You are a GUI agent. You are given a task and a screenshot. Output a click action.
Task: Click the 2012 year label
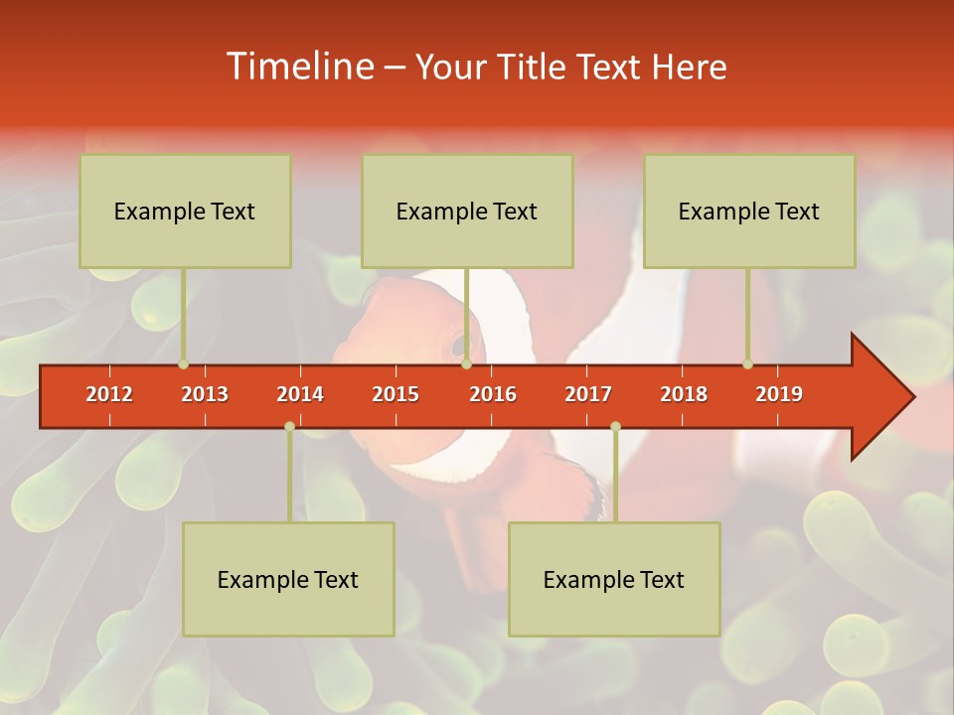pyautogui.click(x=109, y=394)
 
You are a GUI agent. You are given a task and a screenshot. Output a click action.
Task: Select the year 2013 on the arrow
pyautogui.click(x=205, y=394)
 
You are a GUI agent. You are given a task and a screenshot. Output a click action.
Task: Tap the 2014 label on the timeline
pyautogui.click(x=300, y=394)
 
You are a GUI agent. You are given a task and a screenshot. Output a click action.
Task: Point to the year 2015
pyautogui.click(x=396, y=394)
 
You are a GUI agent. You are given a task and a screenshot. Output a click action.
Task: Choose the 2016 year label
pyautogui.click(x=493, y=394)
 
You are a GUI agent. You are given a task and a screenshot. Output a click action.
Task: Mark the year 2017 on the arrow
pyautogui.click(x=588, y=394)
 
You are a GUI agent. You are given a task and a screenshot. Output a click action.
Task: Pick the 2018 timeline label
pyautogui.click(x=684, y=394)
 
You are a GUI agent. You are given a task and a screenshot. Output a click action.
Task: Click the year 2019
pyautogui.click(x=779, y=394)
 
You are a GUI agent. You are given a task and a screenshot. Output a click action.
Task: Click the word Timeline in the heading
pyautogui.click(x=298, y=67)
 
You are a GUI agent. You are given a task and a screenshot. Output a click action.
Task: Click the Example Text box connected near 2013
pyautogui.click(x=185, y=211)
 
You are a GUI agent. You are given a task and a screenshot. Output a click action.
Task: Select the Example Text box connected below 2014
pyautogui.click(x=288, y=579)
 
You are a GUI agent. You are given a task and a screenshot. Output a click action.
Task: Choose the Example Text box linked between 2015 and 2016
pyautogui.click(x=467, y=211)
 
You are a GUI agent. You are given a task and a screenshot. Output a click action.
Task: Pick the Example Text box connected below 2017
pyautogui.click(x=614, y=579)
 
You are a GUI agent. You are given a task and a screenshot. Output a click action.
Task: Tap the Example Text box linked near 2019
pyautogui.click(x=749, y=211)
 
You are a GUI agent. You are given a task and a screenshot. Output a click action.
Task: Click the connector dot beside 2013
pyautogui.click(x=183, y=363)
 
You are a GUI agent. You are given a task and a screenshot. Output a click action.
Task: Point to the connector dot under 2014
pyautogui.click(x=289, y=426)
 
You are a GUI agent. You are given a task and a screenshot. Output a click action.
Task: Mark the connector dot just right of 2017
pyautogui.click(x=615, y=426)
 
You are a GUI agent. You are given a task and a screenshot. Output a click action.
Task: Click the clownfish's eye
pyautogui.click(x=459, y=347)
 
